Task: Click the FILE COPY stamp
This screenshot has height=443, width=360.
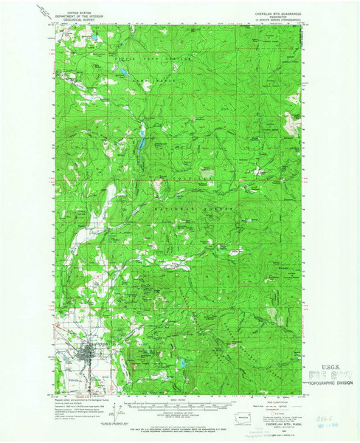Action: [333, 374]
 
